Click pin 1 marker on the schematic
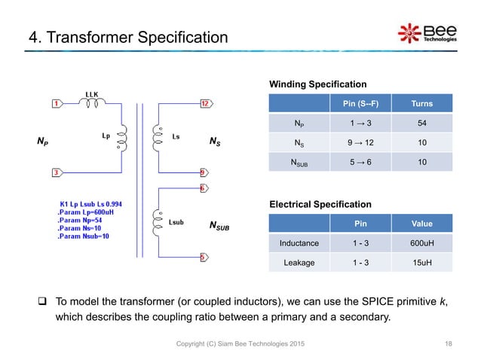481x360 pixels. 57,103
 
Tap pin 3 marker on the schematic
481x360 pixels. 57,173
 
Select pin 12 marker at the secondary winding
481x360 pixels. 204,103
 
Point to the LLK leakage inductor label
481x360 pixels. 92,93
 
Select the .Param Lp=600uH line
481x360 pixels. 87,212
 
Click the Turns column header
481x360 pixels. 416,103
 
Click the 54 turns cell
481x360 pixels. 416,123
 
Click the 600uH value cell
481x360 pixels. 416,243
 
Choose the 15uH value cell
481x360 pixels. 416,262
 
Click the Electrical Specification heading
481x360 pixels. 320,204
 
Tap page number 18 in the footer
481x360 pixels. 449,343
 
